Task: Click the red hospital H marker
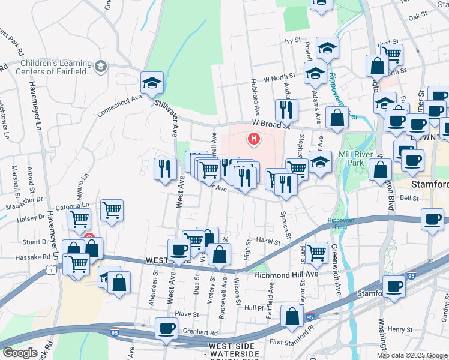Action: click(x=254, y=140)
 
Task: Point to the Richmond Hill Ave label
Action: click(x=285, y=275)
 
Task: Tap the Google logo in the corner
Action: click(x=20, y=353)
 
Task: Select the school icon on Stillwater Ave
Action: click(x=152, y=83)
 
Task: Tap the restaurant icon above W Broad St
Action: click(x=286, y=109)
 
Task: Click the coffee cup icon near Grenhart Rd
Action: click(x=166, y=329)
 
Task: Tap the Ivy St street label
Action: click(x=292, y=41)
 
